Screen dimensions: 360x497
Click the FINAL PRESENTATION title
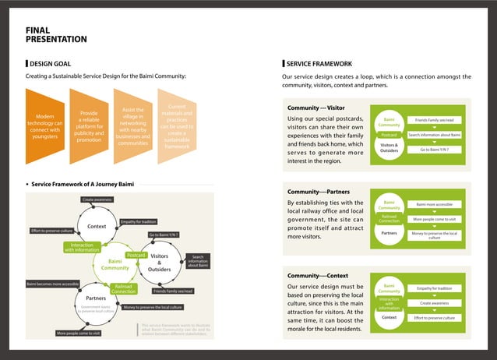point(56,34)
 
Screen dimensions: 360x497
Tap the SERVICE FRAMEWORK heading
point(319,63)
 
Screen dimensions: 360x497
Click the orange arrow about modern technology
point(45,125)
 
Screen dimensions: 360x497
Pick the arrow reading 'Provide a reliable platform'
point(89,125)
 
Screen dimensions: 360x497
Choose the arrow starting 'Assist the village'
point(132,125)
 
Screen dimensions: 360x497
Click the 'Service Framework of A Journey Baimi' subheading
point(83,185)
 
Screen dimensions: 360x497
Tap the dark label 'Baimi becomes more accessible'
point(52,283)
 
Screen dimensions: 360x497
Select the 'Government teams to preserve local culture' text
point(97,309)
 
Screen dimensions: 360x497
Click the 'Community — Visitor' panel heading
point(315,108)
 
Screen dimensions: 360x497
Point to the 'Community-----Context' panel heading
point(317,276)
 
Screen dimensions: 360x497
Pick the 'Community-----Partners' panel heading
point(318,191)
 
